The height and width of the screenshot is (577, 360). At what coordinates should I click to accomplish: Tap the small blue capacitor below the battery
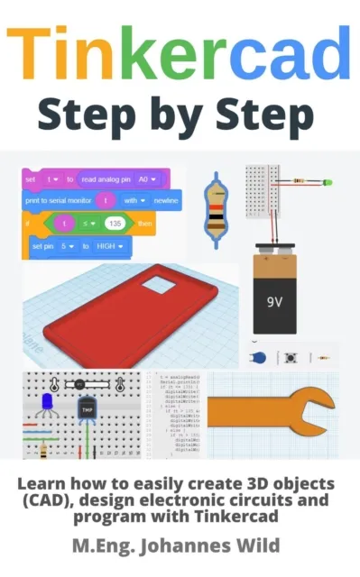click(x=258, y=357)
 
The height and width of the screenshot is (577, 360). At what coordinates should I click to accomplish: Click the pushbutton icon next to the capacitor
click(x=291, y=358)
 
